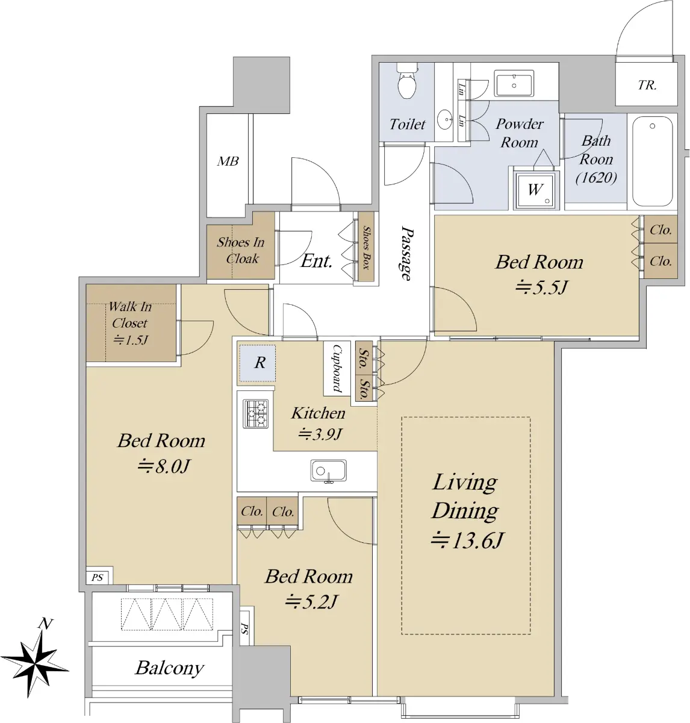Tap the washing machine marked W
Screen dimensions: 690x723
[x=535, y=190]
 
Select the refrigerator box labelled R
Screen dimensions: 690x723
[x=257, y=363]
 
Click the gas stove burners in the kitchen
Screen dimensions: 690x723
[x=255, y=413]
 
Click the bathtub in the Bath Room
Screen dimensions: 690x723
[x=653, y=161]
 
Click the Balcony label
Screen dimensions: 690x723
[x=170, y=668]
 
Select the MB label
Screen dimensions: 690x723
[x=228, y=161]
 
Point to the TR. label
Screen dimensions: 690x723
[x=647, y=85]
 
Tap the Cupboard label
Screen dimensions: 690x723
[x=337, y=368]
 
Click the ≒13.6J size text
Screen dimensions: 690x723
[x=467, y=541]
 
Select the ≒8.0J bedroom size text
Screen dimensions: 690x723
[x=164, y=466]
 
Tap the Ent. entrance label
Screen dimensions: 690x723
[x=316, y=261]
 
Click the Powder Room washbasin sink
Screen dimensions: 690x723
[x=514, y=84]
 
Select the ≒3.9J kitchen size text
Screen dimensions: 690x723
[x=320, y=434]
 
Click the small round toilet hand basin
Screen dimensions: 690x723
[x=444, y=119]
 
